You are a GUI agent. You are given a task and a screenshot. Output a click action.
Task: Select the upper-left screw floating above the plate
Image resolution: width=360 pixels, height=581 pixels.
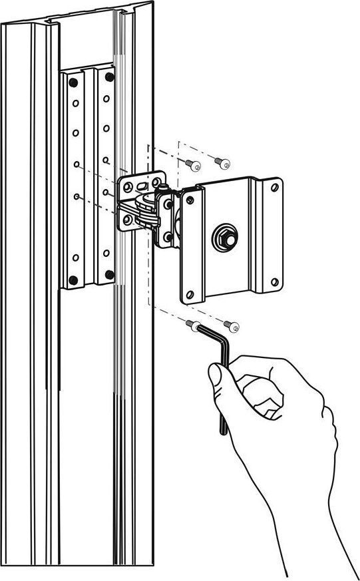click(x=190, y=164)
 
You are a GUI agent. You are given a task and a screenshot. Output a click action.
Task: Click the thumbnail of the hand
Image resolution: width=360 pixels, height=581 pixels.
click(x=216, y=376)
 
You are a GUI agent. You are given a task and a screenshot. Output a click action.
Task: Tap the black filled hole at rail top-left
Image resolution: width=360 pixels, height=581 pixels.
click(x=73, y=82)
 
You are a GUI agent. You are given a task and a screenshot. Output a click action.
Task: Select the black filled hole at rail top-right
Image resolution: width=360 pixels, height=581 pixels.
click(x=109, y=77)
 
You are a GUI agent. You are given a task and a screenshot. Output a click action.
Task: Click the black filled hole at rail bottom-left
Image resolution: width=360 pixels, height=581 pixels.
click(x=73, y=280)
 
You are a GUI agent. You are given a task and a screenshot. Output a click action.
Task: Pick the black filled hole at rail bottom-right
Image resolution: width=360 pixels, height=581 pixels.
click(x=109, y=274)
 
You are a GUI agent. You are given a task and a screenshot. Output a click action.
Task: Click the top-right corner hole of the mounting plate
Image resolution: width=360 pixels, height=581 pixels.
click(x=273, y=188)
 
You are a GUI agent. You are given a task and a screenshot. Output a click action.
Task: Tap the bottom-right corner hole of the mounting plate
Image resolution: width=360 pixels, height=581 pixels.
click(x=273, y=282)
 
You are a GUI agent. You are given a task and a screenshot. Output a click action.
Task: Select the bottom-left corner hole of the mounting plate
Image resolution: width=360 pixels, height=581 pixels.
click(x=190, y=294)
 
